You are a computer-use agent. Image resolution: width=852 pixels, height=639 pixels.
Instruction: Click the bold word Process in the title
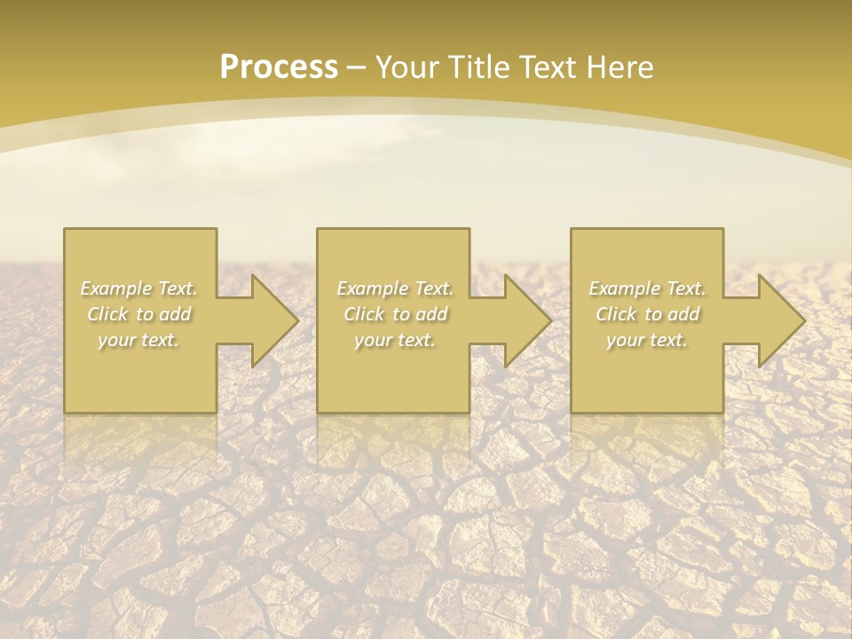279,67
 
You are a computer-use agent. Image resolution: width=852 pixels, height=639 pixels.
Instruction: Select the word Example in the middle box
370,288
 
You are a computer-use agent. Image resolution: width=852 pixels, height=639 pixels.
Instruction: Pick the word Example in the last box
622,288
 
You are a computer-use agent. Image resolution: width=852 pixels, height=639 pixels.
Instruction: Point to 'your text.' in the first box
138,340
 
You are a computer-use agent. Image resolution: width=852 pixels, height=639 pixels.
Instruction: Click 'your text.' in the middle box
395,340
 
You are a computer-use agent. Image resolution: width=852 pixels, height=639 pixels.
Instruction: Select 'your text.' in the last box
647,340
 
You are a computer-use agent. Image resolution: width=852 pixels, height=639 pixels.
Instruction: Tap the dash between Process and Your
356,67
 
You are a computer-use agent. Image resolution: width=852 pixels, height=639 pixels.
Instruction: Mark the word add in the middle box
431,314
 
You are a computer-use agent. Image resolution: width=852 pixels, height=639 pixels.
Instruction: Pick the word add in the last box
683,314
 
